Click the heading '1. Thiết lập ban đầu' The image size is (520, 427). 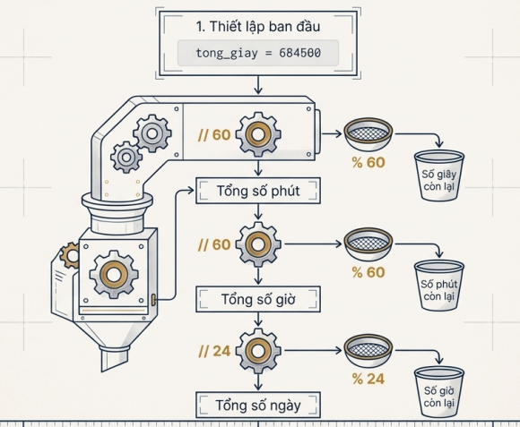(258, 27)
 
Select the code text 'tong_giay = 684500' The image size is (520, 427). (258, 53)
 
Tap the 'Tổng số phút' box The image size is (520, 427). (258, 191)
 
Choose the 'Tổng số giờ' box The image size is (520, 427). (258, 299)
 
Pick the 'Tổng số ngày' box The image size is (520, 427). (258, 406)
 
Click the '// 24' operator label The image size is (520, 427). (214, 351)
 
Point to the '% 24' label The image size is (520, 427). (368, 379)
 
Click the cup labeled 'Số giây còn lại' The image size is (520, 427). (439, 175)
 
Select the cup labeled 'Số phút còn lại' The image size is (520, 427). (439, 286)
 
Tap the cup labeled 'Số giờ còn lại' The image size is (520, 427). (439, 392)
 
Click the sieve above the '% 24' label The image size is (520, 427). (368, 351)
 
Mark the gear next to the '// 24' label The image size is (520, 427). (258, 351)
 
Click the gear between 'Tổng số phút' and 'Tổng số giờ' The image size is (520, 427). (258, 244)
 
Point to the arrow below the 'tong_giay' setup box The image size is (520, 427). (258, 85)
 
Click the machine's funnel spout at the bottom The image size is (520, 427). (115, 358)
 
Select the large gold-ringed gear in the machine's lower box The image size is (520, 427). (114, 275)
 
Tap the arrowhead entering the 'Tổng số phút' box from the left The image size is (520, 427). (191, 191)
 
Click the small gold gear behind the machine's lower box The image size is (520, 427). (70, 255)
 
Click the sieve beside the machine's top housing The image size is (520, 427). (368, 133)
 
